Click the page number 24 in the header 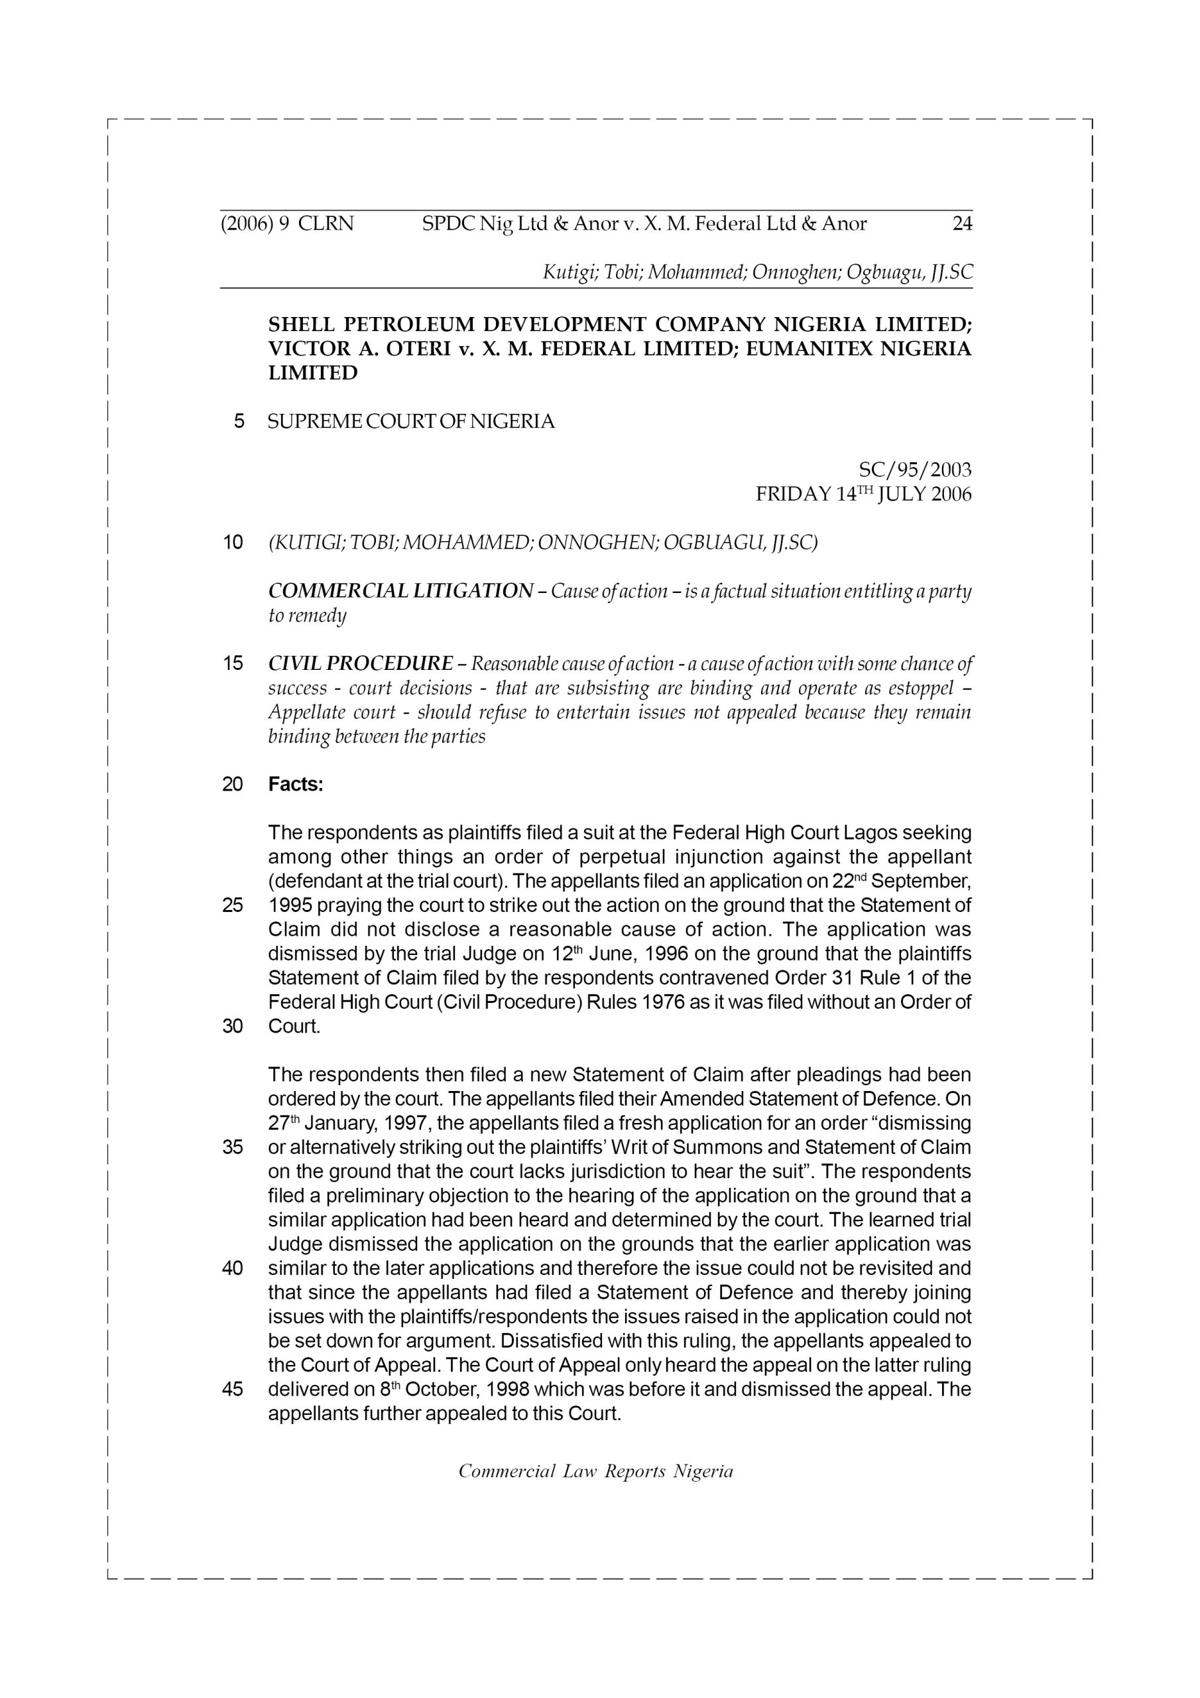[x=962, y=224]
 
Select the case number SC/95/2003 [x=915, y=470]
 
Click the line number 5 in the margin [x=239, y=422]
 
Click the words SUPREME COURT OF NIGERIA [x=410, y=422]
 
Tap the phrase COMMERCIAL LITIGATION [x=400, y=591]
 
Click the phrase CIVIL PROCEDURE [x=361, y=663]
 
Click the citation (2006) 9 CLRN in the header [x=287, y=224]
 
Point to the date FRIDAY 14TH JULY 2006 [x=863, y=494]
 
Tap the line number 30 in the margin [x=233, y=1027]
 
